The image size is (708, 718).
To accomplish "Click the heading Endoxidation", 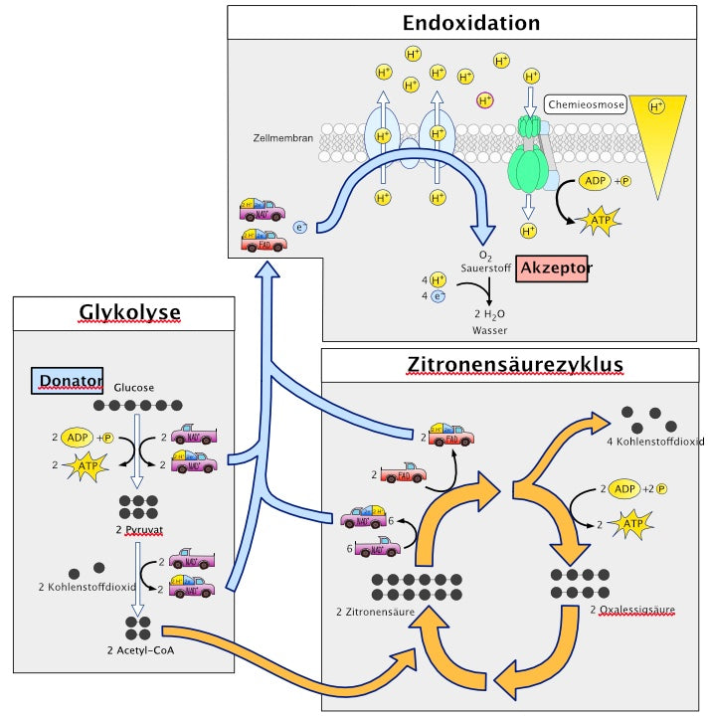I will (471, 23).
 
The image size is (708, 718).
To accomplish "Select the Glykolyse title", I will (129, 313).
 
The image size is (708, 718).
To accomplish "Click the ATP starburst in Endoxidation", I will (600, 222).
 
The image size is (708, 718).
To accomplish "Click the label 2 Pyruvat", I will (139, 530).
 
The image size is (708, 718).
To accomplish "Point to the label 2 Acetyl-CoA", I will (138, 650).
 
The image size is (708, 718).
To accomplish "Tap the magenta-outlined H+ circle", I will (485, 99).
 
